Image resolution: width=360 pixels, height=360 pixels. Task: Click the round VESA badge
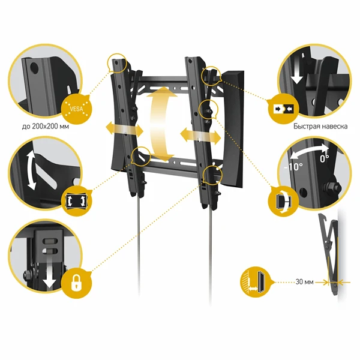pyautogui.click(x=76, y=109)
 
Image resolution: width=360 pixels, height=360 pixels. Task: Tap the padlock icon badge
pyautogui.click(x=76, y=284)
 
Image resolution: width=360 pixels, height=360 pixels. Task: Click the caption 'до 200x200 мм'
pyautogui.click(x=46, y=127)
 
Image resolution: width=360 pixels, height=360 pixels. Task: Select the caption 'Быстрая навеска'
pyautogui.click(x=320, y=126)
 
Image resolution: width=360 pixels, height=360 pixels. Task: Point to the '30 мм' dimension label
pyautogui.click(x=304, y=282)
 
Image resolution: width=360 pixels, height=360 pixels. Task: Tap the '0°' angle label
pyautogui.click(x=325, y=158)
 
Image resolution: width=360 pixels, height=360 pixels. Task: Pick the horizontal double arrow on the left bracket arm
pyautogui.click(x=124, y=130)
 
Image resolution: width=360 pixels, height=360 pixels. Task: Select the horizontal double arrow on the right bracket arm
pyautogui.click(x=200, y=136)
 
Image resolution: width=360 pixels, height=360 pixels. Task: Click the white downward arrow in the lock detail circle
pyautogui.click(x=49, y=272)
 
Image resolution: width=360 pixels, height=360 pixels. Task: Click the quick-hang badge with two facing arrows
pyautogui.click(x=284, y=109)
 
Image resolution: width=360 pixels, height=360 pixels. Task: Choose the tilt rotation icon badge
pyautogui.click(x=284, y=200)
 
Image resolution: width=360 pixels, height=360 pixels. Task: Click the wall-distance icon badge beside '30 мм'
pyautogui.click(x=256, y=282)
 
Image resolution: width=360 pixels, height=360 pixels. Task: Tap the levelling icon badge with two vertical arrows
pyautogui.click(x=77, y=201)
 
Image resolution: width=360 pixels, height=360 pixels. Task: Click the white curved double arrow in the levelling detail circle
pyautogui.click(x=31, y=170)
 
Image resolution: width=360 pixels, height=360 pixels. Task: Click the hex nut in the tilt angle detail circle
pyautogui.click(x=332, y=187)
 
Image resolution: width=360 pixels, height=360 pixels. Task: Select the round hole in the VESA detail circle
pyautogui.click(x=34, y=67)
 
